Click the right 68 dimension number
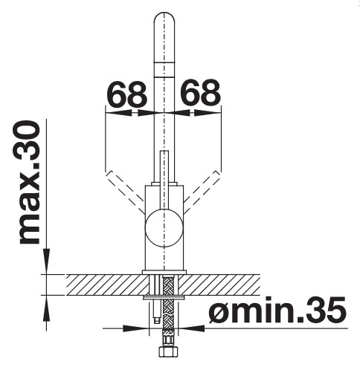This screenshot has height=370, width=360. [200, 93]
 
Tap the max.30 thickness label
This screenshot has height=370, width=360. [29, 183]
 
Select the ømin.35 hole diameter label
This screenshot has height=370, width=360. [277, 310]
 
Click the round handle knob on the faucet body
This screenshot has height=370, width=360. [164, 228]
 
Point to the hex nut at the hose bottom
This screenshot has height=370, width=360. [168, 351]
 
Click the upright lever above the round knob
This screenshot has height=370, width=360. [164, 180]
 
